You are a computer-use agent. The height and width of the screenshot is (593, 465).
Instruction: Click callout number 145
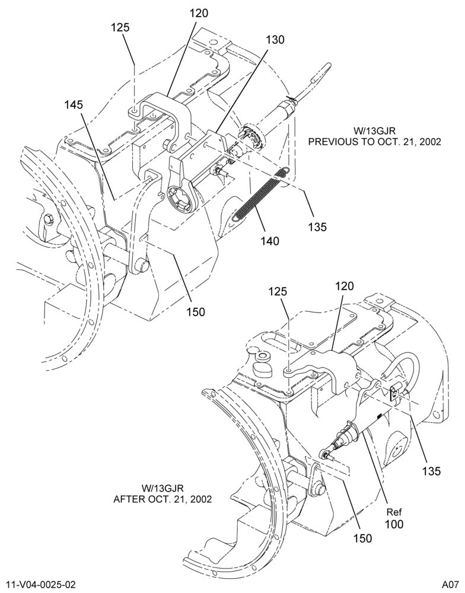(74, 104)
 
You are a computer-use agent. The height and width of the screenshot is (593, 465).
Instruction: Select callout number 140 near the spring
(269, 241)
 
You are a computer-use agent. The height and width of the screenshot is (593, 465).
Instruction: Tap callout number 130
(275, 39)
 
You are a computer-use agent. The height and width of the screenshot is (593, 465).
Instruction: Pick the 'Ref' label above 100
(394, 512)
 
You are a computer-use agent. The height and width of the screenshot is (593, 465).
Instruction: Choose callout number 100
(394, 524)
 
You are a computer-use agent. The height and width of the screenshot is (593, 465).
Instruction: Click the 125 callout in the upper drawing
(120, 28)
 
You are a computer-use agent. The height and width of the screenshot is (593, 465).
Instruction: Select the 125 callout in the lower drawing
(279, 292)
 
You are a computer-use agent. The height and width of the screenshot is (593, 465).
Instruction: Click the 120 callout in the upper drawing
(199, 14)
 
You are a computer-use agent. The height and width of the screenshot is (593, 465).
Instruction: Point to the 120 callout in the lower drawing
(344, 286)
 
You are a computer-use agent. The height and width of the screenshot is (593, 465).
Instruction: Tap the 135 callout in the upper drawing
(317, 227)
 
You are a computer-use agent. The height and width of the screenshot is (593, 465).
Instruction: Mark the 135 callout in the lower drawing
(432, 471)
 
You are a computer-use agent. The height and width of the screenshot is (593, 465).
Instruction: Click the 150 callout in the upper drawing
(195, 312)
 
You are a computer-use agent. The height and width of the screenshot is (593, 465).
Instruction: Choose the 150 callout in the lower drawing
(362, 538)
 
